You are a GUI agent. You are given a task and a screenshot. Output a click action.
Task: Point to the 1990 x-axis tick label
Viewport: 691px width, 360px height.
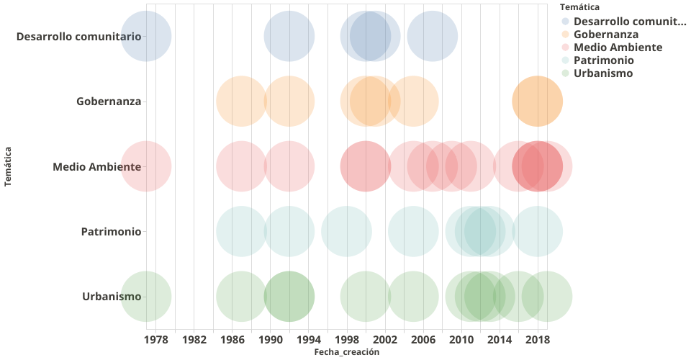[271, 340]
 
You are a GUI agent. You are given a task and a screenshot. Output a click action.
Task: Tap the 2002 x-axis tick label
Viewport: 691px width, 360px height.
[385, 340]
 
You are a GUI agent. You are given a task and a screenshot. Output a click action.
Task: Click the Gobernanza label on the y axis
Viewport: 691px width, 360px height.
[108, 102]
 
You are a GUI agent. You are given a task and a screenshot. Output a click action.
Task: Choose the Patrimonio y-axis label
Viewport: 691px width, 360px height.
[111, 232]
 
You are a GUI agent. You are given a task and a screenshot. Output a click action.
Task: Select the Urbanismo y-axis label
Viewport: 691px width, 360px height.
[112, 297]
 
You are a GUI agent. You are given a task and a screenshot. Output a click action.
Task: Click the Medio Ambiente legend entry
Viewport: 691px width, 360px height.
[618, 48]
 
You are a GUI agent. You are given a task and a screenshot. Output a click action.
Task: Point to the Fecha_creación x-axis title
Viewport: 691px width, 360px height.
[346, 352]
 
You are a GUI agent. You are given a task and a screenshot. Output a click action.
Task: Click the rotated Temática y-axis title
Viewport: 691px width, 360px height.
[8, 166]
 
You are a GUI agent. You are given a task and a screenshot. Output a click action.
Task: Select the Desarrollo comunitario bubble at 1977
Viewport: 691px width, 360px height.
[146, 36]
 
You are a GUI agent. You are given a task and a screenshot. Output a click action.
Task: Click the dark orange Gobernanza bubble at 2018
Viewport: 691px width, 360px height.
[538, 102]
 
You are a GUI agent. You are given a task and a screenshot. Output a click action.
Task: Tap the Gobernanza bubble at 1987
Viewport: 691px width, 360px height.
[242, 102]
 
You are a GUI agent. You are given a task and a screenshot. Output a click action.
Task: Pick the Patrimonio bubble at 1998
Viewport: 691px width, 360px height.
[346, 232]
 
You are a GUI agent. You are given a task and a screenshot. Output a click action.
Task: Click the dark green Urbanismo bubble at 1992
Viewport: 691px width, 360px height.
[289, 297]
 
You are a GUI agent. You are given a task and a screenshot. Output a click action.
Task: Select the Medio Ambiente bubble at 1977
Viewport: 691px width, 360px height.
[146, 166]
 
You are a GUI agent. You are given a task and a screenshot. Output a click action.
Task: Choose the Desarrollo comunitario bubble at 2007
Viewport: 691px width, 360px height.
[433, 36]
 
